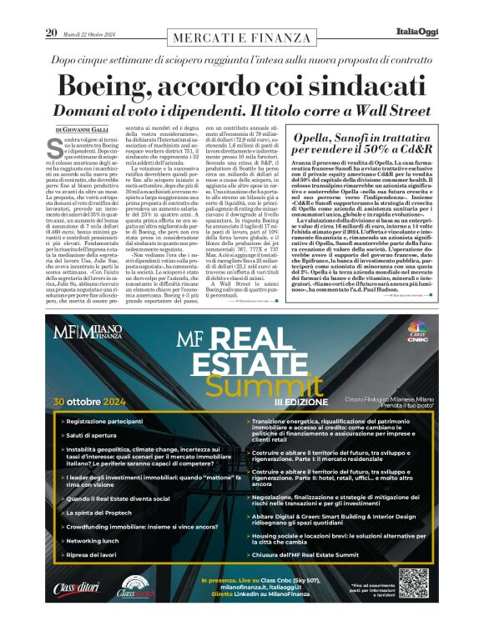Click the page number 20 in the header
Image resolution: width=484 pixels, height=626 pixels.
[50, 33]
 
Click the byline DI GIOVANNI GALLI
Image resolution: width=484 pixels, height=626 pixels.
[84, 130]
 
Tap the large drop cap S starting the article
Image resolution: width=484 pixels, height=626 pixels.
[56, 148]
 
